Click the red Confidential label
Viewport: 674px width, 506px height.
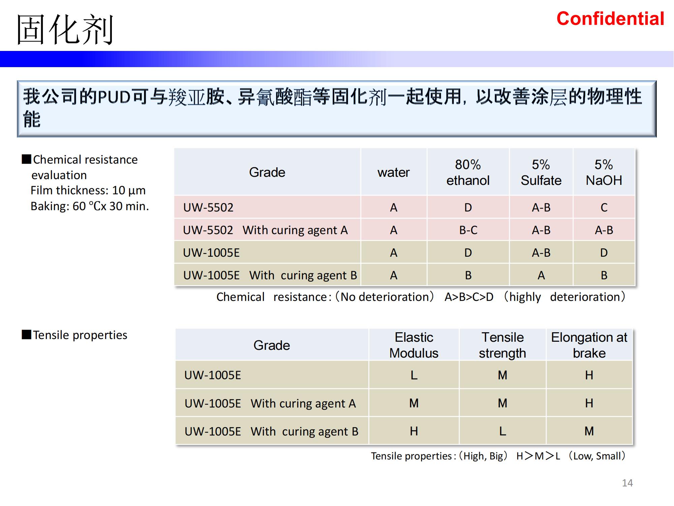(x=610, y=19)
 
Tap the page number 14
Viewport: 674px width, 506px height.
(x=627, y=483)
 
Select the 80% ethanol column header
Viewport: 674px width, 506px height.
(x=468, y=172)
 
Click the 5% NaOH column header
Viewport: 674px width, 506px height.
(x=604, y=172)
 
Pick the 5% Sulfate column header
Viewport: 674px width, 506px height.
(x=541, y=172)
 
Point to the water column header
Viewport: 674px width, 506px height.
(x=393, y=172)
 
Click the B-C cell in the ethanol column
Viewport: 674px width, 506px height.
(x=468, y=230)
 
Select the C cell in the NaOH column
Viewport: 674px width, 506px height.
(x=604, y=207)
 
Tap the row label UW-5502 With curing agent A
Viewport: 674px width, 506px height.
(x=265, y=230)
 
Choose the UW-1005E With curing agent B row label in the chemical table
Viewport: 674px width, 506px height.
(x=270, y=275)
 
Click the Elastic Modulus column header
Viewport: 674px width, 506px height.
(x=414, y=345)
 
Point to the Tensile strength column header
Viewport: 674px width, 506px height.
(x=502, y=345)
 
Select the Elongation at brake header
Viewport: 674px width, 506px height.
(x=589, y=345)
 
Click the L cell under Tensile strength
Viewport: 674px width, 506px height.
(x=502, y=431)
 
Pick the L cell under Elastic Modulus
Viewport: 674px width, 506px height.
(x=414, y=375)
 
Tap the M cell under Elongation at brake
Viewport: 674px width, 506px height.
(x=589, y=431)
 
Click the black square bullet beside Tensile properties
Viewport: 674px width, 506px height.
(x=26, y=334)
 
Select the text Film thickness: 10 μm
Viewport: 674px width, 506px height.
(x=88, y=191)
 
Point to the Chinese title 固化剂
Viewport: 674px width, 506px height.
(x=65, y=30)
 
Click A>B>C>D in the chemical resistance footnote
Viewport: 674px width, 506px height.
(x=469, y=297)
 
